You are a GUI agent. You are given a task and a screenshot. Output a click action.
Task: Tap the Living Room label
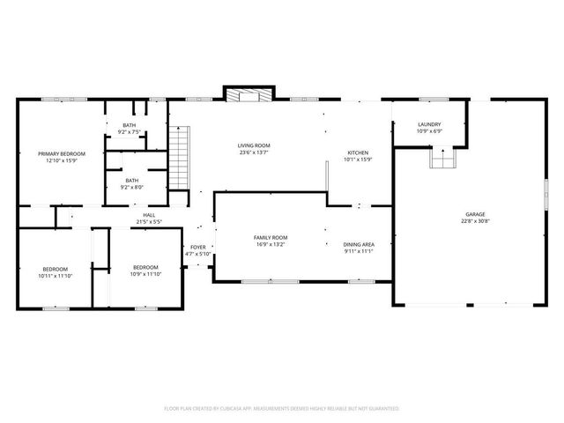pos(253,145)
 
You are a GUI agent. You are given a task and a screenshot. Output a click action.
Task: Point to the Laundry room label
pos(429,125)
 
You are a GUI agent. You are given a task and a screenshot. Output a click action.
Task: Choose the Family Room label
pos(271,238)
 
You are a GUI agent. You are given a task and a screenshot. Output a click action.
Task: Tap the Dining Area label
pos(360,244)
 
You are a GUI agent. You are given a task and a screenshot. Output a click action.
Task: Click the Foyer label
pos(198,247)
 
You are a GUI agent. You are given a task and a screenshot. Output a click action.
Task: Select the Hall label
pos(150,214)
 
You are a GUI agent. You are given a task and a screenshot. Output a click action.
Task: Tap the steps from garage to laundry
pos(441,158)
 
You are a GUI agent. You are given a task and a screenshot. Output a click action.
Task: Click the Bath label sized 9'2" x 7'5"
pos(130,125)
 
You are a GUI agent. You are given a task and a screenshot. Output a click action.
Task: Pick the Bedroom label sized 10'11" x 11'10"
pos(54,269)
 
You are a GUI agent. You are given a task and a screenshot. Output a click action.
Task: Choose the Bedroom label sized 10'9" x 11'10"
pos(145,267)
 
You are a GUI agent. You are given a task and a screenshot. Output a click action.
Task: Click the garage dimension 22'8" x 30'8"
pos(476,221)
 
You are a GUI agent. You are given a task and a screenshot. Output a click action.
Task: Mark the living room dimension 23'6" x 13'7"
pos(253,152)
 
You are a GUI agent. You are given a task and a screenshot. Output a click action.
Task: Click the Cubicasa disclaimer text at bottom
pos(282,408)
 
